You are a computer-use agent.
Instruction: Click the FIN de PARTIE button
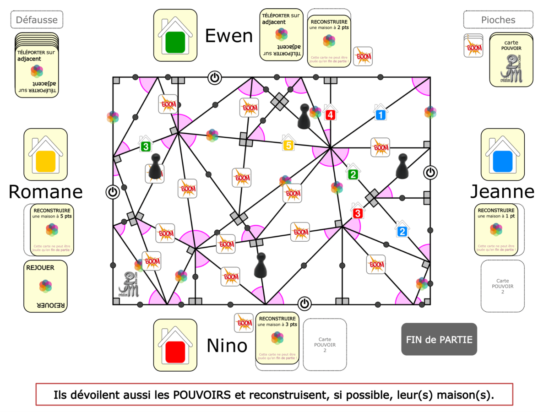(439, 339)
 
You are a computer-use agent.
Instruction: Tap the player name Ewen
(228, 36)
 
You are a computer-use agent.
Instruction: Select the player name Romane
(45, 192)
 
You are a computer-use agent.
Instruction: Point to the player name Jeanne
(502, 192)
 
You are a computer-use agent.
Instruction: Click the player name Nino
(227, 346)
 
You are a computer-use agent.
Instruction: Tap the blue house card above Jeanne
(502, 154)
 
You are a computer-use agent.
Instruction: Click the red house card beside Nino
(175, 346)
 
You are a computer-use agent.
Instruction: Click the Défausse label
(37, 20)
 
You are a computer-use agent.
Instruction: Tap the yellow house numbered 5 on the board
(288, 143)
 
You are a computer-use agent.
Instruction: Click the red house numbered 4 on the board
(330, 113)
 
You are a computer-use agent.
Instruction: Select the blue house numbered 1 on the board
(380, 113)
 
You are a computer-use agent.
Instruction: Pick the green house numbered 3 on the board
(145, 144)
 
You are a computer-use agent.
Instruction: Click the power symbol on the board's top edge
(214, 77)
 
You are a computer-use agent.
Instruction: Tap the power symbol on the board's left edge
(113, 191)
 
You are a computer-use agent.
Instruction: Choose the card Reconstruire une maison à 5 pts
(49, 229)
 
